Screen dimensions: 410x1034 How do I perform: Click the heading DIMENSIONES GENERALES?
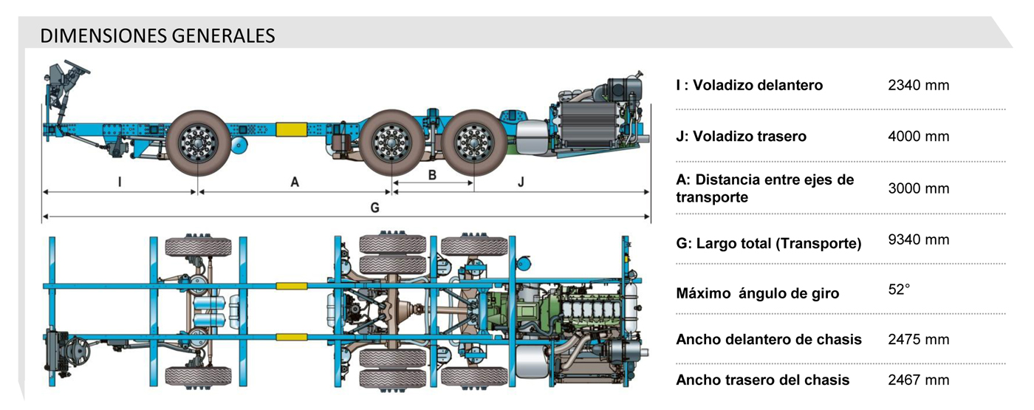[157, 35]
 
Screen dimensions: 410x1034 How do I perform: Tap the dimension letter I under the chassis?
[120, 181]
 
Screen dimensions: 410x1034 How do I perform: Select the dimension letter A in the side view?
[295, 181]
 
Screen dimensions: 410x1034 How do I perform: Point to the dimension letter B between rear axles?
[432, 175]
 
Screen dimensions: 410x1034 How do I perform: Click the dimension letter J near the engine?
[521, 181]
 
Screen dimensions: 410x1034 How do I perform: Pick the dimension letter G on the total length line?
[375, 208]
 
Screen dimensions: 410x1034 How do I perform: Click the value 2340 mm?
[918, 85]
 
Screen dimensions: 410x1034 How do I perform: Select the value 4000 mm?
[918, 137]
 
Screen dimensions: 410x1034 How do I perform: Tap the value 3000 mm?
[918, 188]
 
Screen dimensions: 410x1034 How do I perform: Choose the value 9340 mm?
[918, 239]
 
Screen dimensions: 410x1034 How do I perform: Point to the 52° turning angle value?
[899, 290]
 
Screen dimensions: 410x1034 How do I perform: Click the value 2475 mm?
[918, 340]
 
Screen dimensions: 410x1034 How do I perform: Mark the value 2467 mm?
[918, 380]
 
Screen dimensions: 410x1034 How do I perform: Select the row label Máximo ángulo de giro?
[757, 293]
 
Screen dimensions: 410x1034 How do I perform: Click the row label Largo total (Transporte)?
[768, 243]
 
